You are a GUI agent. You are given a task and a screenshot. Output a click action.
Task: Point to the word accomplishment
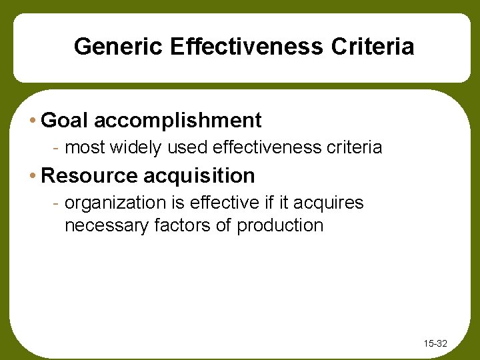tap(178, 121)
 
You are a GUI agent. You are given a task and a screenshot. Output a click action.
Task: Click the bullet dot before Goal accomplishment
tap(33, 121)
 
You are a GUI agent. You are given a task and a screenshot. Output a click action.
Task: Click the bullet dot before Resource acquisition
tap(33, 176)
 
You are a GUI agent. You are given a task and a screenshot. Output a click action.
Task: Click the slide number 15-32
tap(435, 344)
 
